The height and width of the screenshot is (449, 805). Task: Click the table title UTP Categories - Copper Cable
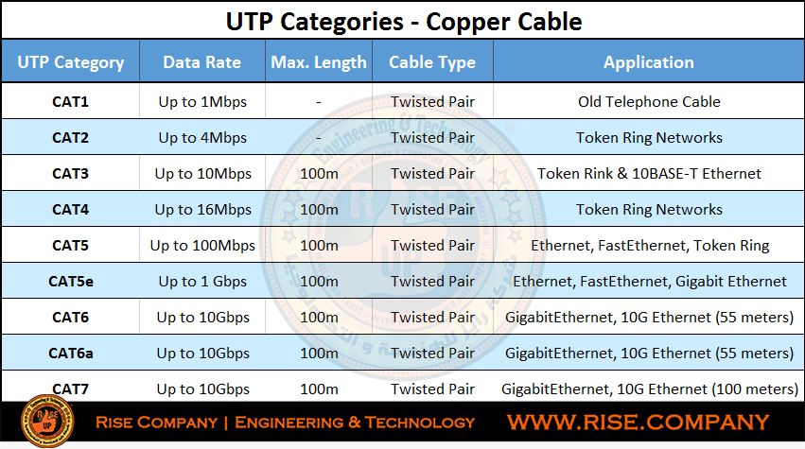pos(404,22)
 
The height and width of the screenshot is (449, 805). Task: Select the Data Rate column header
pos(201,62)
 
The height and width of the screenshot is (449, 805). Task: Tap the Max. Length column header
pos(318,62)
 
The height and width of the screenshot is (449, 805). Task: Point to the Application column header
pos(648,62)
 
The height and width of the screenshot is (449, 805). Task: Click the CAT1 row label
pos(70,101)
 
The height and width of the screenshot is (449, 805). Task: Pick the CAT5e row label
pos(70,281)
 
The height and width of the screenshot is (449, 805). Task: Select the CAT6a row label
pos(70,353)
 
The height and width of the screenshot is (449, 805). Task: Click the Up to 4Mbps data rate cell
pos(202,137)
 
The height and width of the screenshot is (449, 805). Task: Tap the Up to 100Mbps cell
pos(202,245)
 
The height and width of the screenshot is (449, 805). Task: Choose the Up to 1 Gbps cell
pos(202,281)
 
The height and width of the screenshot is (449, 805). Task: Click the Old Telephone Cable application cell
pos(649,101)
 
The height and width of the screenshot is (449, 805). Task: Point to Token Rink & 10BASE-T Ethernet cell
pos(649,173)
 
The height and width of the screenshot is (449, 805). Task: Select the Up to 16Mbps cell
pos(202,209)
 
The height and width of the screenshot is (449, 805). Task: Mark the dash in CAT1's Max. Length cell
pos(318,103)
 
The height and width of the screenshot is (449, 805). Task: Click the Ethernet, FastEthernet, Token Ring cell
pos(650,246)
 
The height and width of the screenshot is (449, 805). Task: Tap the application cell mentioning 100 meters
pos(650,389)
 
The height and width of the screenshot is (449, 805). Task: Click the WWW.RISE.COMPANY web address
pos(638,422)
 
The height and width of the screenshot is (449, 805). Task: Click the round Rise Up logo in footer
pos(47,421)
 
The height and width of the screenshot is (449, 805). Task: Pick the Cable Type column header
pos(431,62)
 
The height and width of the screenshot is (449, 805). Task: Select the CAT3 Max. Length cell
pos(319,173)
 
